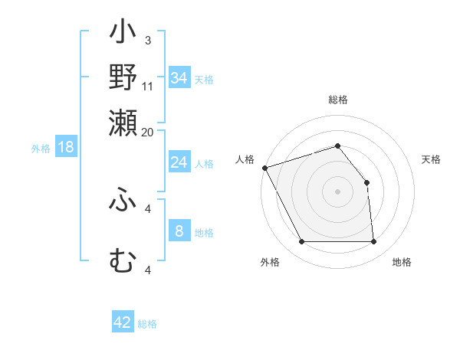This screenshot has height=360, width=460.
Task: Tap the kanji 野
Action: pyautogui.click(x=123, y=77)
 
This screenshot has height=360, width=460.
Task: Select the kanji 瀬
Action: pyautogui.click(x=123, y=121)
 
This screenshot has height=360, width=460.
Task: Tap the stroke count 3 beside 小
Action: pyautogui.click(x=147, y=40)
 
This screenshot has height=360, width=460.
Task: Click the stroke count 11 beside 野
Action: pyautogui.click(x=148, y=86)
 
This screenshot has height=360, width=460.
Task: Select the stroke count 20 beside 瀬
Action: pyautogui.click(x=148, y=131)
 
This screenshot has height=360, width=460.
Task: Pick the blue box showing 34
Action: pyautogui.click(x=179, y=77)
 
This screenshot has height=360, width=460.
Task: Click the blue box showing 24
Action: pyautogui.click(x=179, y=162)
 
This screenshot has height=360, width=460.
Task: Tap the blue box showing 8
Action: pyautogui.click(x=179, y=231)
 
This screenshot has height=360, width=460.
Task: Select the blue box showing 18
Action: pyautogui.click(x=66, y=147)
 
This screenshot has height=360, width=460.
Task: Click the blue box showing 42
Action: pyautogui.click(x=123, y=322)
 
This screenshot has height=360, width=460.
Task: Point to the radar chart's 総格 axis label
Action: pyautogui.click(x=338, y=100)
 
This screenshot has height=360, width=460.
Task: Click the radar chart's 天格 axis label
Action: pyautogui.click(x=431, y=159)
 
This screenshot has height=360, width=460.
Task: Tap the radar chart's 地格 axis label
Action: pyautogui.click(x=402, y=262)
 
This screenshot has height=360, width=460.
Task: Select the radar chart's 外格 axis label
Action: pyautogui.click(x=270, y=262)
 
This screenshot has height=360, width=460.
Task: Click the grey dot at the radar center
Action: pyautogui.click(x=337, y=191)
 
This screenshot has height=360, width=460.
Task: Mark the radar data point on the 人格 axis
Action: pyautogui.click(x=264, y=168)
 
